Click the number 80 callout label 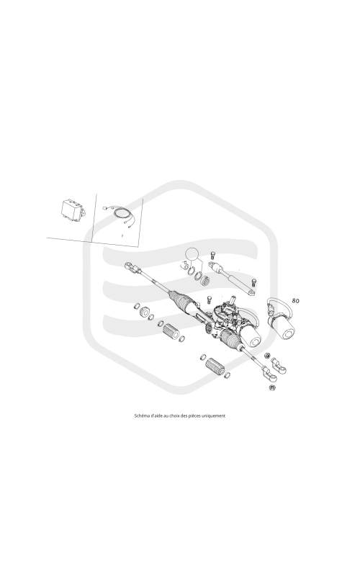click(x=295, y=300)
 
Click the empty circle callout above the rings click(x=192, y=254)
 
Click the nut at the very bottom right click(x=272, y=387)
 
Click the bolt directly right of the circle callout click(x=212, y=255)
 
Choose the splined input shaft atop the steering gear click(x=231, y=300)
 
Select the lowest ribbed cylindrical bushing click(x=214, y=366)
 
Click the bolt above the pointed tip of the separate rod click(x=253, y=282)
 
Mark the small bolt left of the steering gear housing click(x=209, y=299)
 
